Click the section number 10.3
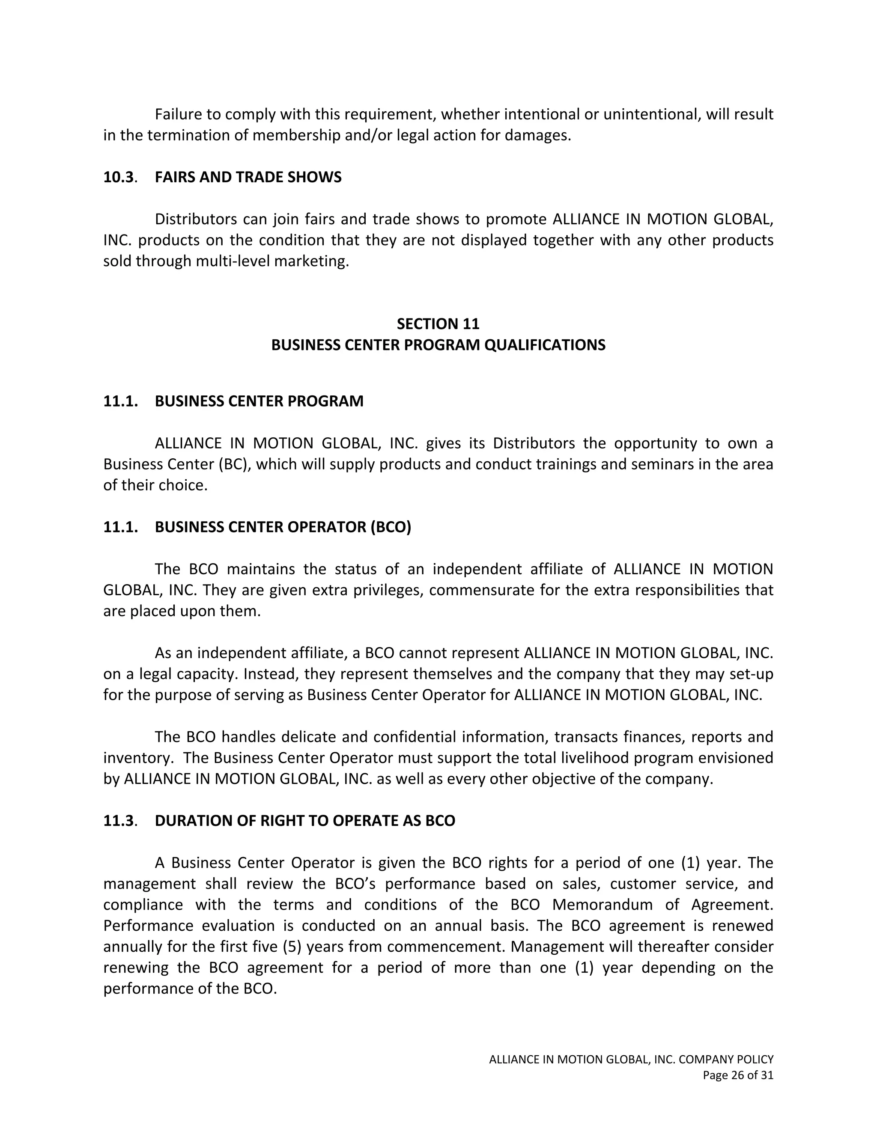119,178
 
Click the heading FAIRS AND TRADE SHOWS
248,178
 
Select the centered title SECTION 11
438,324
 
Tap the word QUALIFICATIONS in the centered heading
545,345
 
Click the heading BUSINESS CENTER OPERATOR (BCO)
283,527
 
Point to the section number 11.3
119,821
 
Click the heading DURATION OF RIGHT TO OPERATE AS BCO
305,821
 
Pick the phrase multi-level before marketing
233,261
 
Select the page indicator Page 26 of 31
738,1075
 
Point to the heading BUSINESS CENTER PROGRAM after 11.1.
259,401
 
